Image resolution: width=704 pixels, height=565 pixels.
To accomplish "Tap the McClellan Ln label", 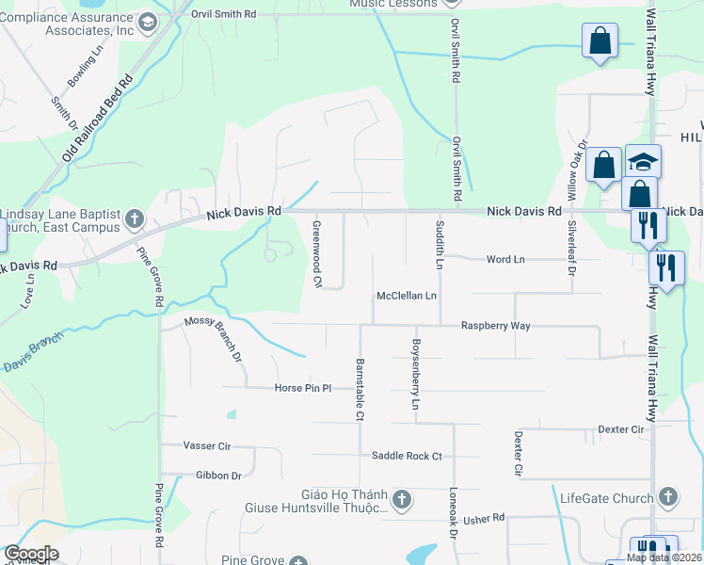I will coord(407,296).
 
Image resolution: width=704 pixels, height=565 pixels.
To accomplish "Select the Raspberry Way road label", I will coord(495,326).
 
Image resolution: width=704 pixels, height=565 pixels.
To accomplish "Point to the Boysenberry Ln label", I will coord(414,374).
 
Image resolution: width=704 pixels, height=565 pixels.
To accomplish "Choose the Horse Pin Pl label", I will coord(303,388).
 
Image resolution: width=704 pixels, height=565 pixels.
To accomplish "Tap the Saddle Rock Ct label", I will coord(407,456).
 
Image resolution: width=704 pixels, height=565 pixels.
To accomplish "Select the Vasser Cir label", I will coord(206,445).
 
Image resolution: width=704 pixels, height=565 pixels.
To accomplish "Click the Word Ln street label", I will coord(505,259).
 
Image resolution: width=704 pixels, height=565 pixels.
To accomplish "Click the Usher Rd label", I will coord(485,518).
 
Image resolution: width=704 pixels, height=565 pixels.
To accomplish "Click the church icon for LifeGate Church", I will coord(667,495).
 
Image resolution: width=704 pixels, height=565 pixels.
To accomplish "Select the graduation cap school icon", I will coord(643,162).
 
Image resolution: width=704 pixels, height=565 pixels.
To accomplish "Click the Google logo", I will coord(30,554).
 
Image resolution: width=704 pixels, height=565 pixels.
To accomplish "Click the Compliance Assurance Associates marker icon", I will coord(146,22).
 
